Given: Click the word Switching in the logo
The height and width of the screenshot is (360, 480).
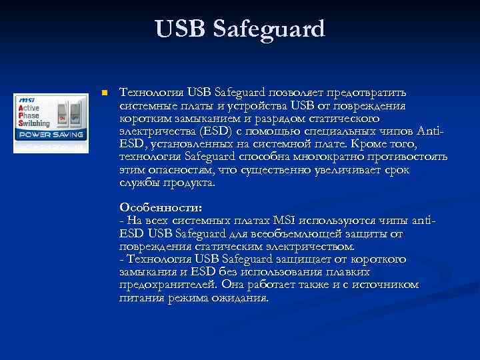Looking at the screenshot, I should (33, 123).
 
